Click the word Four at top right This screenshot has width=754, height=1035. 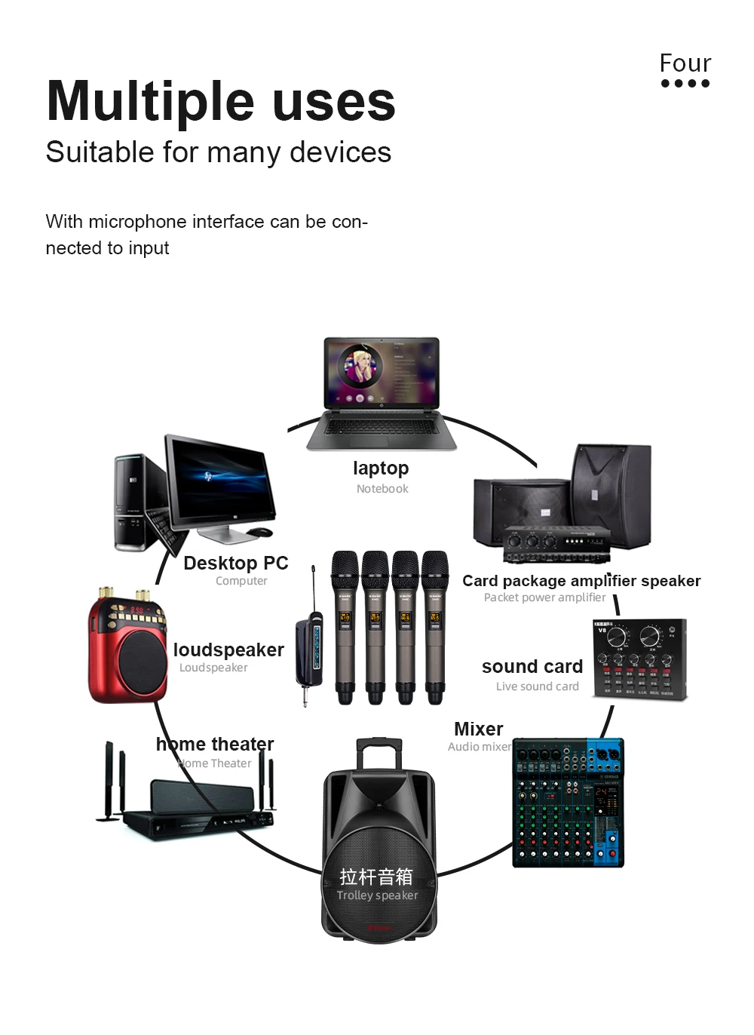685,63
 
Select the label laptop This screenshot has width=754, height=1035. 381,468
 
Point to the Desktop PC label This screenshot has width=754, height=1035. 235,564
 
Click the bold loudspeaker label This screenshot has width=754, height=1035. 228,650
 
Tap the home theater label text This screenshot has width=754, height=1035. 215,745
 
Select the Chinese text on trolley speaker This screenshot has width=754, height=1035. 376,877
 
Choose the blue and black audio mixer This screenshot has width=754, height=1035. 568,803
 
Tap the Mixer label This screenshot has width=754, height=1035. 478,729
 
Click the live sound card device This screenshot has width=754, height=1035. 640,659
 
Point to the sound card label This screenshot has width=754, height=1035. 532,667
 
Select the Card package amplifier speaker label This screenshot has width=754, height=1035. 581,581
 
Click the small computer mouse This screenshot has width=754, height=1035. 260,532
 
